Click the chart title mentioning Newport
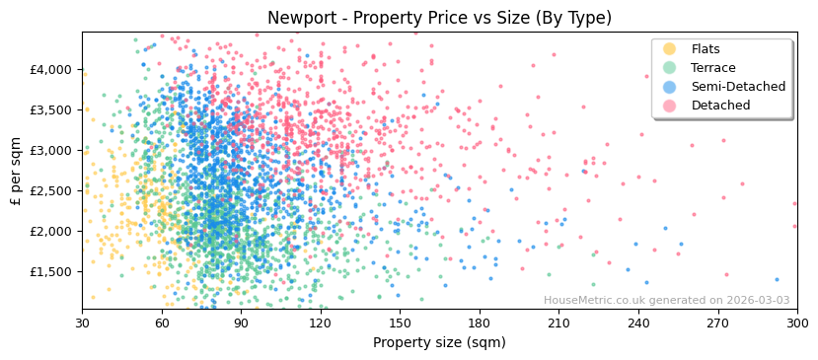439,18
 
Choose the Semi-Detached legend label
738,87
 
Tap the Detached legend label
721,106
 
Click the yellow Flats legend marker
669,49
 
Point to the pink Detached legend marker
669,106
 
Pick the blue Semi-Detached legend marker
669,87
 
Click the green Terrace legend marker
669,68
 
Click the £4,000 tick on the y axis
51,69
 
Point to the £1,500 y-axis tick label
51,271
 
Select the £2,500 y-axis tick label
51,190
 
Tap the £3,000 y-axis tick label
51,150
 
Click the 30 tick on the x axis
82,323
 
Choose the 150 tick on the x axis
400,323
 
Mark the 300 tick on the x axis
797,323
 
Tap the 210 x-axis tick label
558,323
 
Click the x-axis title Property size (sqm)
439,342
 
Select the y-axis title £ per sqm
17,171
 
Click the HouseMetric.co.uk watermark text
666,300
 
